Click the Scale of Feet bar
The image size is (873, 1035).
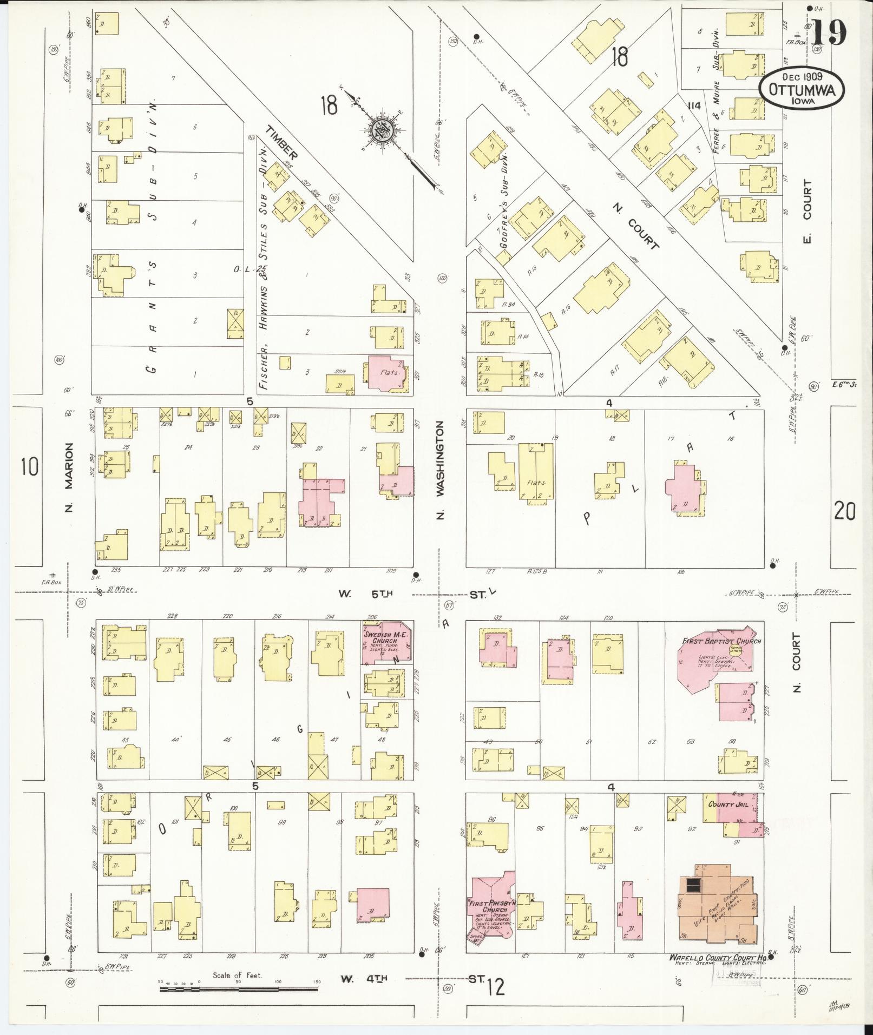238,989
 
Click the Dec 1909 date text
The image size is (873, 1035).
802,77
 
